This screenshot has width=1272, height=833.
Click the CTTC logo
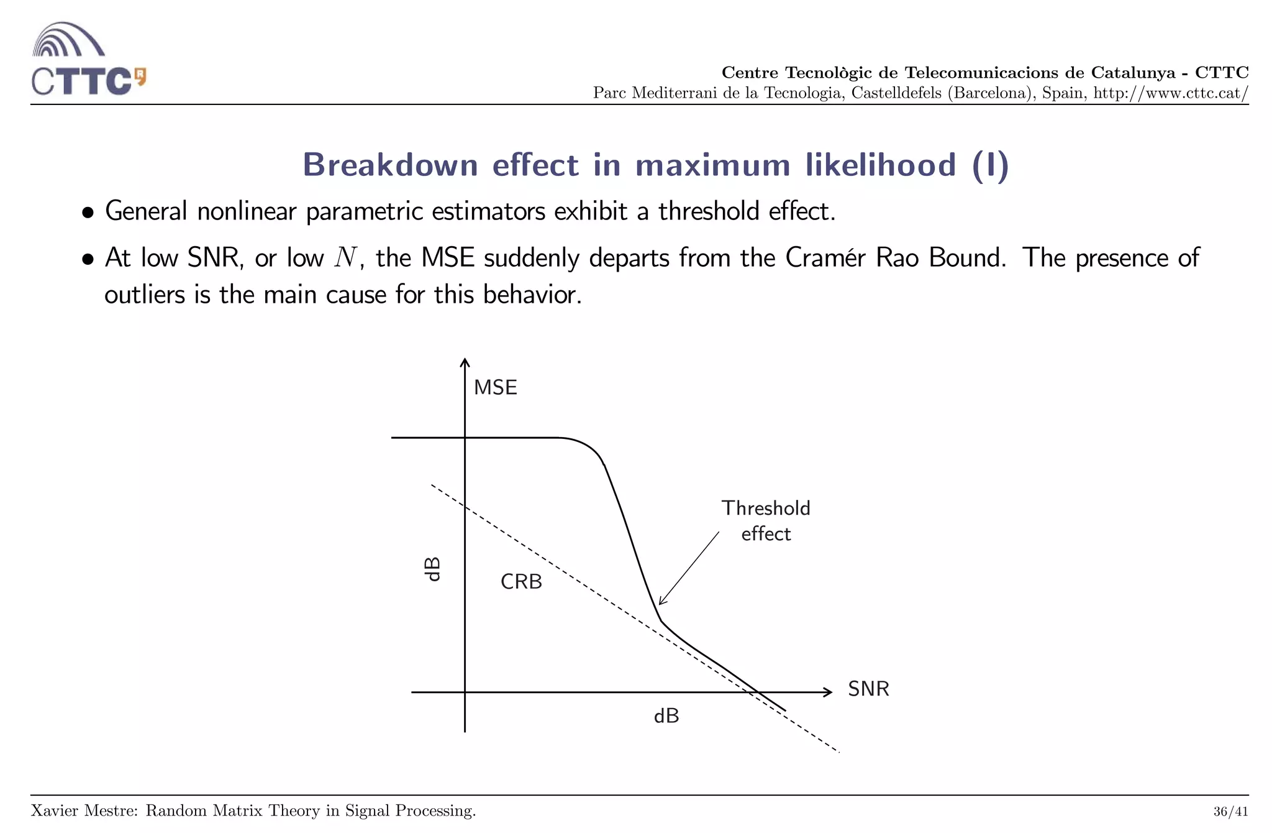pos(88,60)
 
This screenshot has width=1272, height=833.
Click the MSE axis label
pos(495,388)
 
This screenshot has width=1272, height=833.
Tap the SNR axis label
pos(868,689)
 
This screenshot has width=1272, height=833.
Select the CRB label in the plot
pos(521,582)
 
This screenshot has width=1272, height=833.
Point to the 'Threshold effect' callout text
pos(766,521)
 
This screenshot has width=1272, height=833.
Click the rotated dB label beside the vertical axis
pos(432,569)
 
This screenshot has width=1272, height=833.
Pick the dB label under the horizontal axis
pos(666,716)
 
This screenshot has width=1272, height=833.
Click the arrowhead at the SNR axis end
pos(828,692)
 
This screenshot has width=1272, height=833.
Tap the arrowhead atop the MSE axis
pos(465,363)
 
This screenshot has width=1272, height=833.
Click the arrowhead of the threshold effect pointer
pos(661,601)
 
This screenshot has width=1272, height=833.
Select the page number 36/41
pos(1230,812)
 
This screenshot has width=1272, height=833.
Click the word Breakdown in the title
pos(390,165)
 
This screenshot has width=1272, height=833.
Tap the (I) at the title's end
pos(991,165)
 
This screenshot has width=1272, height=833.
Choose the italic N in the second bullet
pos(345,257)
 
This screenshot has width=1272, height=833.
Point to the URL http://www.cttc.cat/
pos(1170,93)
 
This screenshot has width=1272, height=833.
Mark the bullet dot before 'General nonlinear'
pos(88,213)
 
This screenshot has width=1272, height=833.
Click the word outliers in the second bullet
pos(145,295)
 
